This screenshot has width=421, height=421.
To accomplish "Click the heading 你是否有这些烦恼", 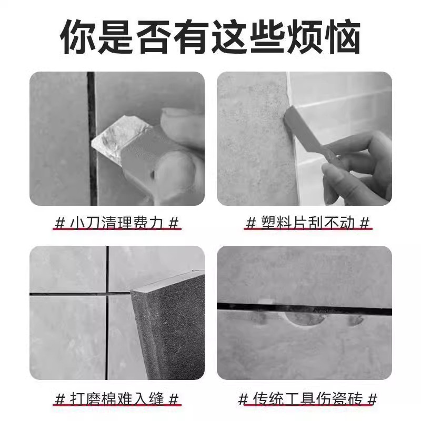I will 210,35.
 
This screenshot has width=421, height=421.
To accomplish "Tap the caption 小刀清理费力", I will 117,222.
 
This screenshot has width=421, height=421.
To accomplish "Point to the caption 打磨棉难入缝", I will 117,398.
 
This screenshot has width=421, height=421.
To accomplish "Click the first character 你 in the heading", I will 77,35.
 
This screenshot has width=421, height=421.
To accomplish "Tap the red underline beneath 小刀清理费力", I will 117,230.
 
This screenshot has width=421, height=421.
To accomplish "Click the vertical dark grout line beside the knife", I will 93,174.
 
